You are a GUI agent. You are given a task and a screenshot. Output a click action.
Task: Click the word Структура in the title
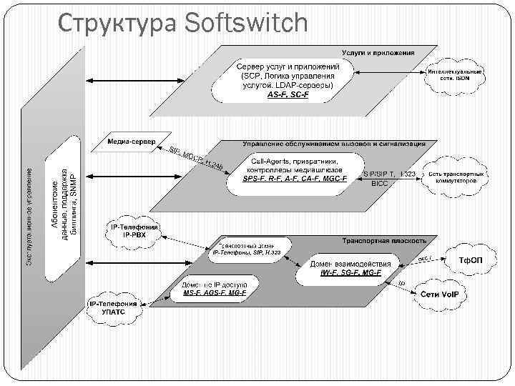pos(117,23)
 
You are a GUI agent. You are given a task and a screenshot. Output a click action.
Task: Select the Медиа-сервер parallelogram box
pos(131,141)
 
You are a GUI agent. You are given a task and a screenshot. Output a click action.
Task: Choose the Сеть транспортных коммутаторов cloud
pos(458,177)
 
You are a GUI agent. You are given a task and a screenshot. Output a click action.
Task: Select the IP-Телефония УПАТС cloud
pos(114,308)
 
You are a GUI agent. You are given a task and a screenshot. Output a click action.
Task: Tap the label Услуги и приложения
pos(388,54)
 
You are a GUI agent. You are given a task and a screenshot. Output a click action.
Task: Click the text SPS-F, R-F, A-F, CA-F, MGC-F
pos(294,179)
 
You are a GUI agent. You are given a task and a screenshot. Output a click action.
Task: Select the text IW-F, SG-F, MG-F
pos(350,273)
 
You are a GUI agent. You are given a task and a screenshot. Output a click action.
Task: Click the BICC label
pos(379,184)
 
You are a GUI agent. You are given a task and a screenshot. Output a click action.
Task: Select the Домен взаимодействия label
pos(350,264)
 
